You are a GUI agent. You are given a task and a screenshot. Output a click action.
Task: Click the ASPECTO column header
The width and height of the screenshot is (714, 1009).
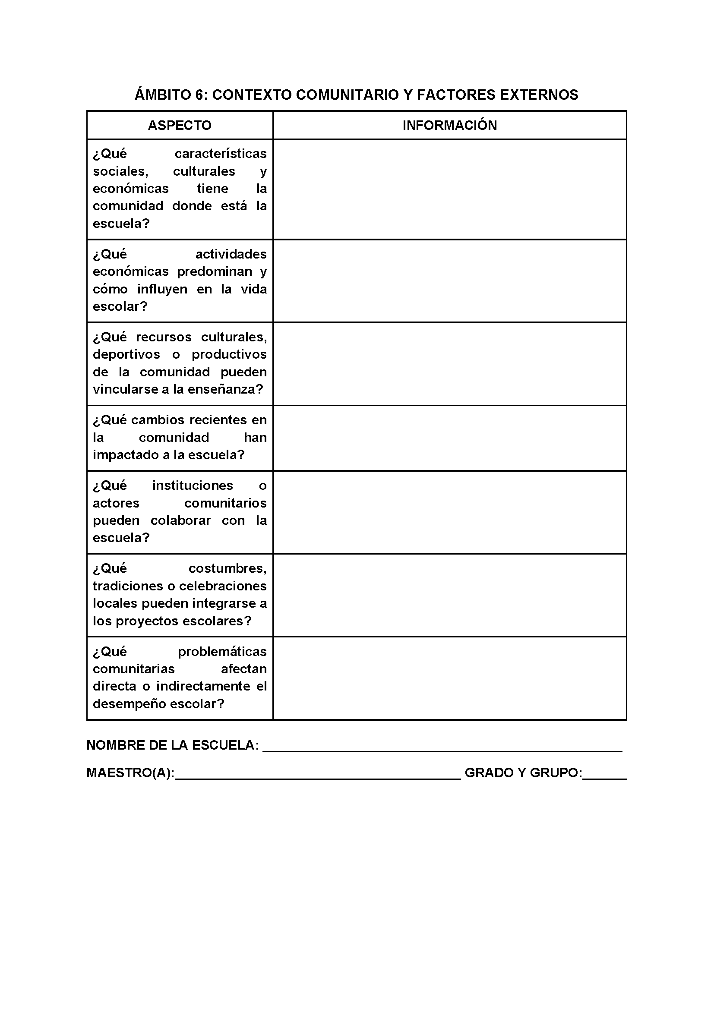[180, 125]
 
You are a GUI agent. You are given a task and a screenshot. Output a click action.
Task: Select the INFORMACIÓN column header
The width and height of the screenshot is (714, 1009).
[449, 125]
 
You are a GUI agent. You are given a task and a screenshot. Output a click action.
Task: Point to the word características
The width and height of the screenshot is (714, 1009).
[220, 154]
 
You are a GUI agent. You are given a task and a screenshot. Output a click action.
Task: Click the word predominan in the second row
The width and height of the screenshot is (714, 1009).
[215, 271]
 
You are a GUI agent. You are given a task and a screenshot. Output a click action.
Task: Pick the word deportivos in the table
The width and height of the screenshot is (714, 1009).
[126, 354]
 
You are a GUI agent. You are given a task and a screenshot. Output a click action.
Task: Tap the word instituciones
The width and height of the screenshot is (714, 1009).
[193, 486]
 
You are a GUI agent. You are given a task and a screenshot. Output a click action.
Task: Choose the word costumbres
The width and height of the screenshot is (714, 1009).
[227, 569]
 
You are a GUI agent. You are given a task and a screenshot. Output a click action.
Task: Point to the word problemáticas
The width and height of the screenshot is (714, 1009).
[222, 652]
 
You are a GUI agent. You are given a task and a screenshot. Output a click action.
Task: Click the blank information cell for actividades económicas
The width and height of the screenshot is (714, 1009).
[449, 281]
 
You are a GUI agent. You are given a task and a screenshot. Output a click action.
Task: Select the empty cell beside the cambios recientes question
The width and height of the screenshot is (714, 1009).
[449, 438]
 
